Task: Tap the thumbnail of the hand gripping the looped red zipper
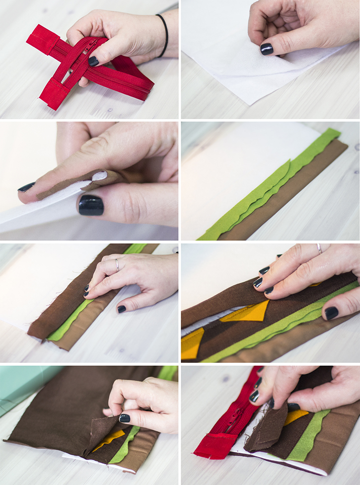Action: [x=93, y=61]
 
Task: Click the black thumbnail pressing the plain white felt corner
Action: [x=267, y=49]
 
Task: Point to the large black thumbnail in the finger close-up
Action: [x=91, y=205]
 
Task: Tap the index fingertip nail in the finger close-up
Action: [x=26, y=187]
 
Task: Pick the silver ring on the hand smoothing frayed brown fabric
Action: [x=117, y=265]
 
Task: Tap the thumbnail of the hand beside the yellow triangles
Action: [x=331, y=313]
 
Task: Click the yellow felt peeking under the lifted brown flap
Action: [x=110, y=438]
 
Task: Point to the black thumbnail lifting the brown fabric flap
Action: [x=124, y=418]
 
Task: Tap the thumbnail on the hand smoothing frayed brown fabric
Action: [x=121, y=309]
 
